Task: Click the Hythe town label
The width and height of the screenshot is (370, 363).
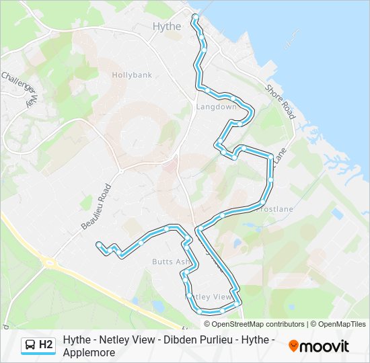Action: tap(167, 26)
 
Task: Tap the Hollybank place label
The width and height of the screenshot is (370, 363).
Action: tap(132, 75)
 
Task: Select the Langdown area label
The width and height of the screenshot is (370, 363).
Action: tap(216, 107)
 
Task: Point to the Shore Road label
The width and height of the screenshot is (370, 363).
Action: tap(280, 102)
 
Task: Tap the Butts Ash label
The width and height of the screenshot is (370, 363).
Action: tap(171, 261)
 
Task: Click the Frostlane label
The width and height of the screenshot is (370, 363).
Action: tap(275, 209)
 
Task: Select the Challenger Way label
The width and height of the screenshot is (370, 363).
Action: tap(20, 87)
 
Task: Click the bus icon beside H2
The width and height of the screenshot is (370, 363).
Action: tap(30, 346)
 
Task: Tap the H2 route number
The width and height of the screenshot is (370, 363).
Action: tap(46, 346)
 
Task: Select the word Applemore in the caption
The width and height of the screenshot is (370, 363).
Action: tap(89, 352)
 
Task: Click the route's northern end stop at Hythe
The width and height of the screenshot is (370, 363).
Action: tap(195, 15)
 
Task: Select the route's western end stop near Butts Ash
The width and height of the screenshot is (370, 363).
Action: tap(99, 244)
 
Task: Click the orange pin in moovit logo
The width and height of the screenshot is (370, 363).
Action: tap(294, 346)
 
